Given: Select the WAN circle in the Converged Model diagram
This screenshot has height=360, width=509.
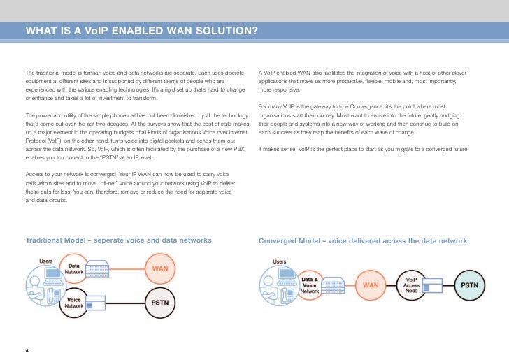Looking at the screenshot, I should coord(371,285).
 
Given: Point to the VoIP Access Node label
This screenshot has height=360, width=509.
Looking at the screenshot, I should coord(411,285).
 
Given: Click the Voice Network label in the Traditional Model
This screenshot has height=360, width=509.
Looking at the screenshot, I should coord(75,303).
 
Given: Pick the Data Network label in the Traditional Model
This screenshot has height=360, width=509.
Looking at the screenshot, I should coord(74,268).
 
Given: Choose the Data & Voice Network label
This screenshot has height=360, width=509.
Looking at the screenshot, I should coord(310,285).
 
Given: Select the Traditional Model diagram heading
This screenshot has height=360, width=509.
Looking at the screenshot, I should coord(118,240).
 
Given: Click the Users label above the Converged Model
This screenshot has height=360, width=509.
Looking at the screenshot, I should coord(280,261).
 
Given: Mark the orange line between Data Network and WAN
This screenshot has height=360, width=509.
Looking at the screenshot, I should coord(126,268).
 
